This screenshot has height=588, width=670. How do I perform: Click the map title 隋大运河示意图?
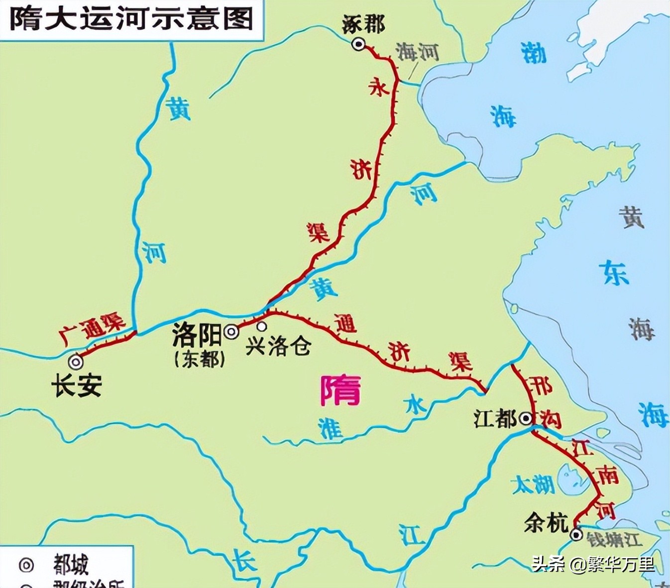(x=131, y=19)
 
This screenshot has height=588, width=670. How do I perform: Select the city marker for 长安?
(x=76, y=361)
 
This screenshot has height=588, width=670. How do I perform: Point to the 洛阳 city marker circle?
(x=231, y=332)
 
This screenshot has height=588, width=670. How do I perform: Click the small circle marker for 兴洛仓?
(x=261, y=326)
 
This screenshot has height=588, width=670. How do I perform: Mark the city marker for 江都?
(x=526, y=419)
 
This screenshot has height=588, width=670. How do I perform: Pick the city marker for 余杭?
(x=576, y=535)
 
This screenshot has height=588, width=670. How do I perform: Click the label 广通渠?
(x=92, y=328)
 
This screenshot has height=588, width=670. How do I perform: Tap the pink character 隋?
(x=340, y=391)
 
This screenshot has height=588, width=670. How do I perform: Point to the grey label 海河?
(x=417, y=51)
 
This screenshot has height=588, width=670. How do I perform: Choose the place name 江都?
(x=495, y=418)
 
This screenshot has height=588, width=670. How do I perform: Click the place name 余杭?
(x=546, y=523)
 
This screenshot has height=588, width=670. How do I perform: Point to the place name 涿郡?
(x=363, y=24)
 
